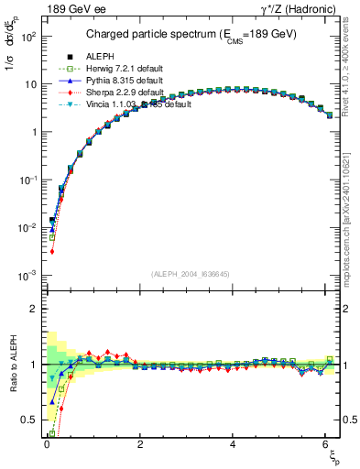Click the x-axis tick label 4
coord(234,444)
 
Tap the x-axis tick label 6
coord(327,444)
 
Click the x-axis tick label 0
coord(47,444)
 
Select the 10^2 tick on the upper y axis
coord(27,36)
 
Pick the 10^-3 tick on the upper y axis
coord(27,275)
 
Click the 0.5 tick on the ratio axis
coord(29,420)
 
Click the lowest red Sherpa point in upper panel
coord(52,251)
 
